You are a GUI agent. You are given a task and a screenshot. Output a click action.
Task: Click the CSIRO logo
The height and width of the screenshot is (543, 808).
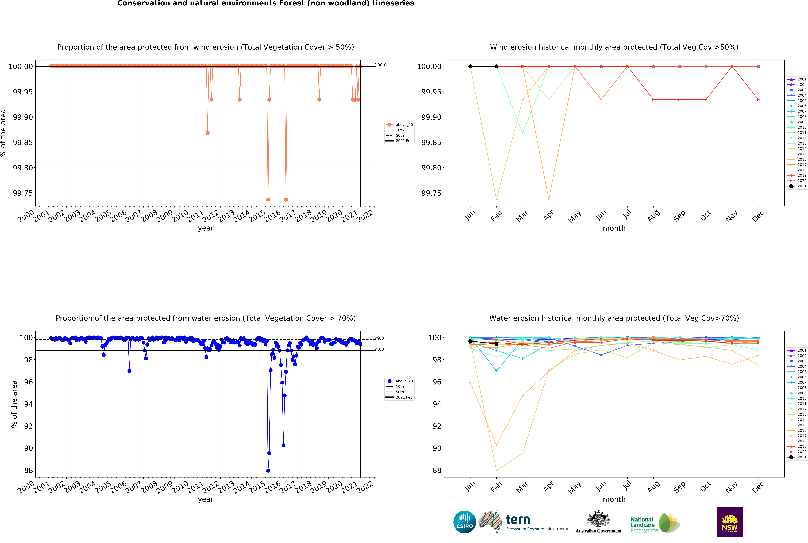464,522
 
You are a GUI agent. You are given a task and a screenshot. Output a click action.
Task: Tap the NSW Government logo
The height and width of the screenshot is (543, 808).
729,522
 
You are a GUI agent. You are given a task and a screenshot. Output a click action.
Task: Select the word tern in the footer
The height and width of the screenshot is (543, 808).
518,519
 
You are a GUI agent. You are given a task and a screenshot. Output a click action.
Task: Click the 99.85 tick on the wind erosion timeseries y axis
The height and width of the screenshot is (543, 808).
23,142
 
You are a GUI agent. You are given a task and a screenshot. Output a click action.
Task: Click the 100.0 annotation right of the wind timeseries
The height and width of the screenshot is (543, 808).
381,65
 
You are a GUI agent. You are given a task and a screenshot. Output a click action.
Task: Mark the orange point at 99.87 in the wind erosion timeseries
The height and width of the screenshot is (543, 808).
207,133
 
